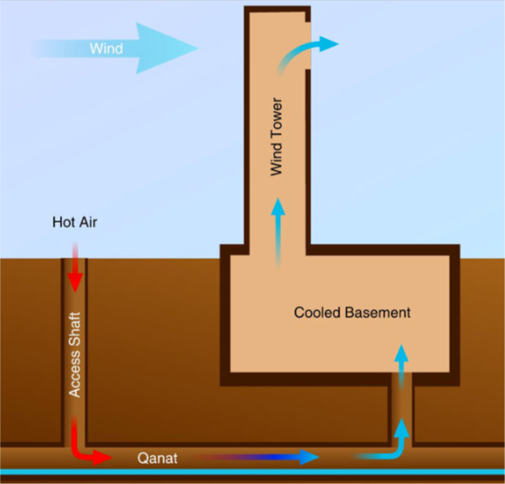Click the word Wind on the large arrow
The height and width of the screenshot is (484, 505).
click(x=106, y=48)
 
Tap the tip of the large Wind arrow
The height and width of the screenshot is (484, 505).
click(x=197, y=48)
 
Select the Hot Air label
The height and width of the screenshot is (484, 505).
click(x=75, y=222)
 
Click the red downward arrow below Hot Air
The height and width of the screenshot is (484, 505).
click(x=75, y=268)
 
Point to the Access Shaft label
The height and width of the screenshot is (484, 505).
click(x=75, y=355)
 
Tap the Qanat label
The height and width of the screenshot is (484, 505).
click(x=157, y=458)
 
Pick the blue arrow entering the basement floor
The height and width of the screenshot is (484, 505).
click(x=401, y=366)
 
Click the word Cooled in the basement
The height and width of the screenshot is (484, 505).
click(x=317, y=313)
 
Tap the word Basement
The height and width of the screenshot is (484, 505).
click(x=378, y=313)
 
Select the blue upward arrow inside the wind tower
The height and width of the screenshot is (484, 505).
click(x=278, y=232)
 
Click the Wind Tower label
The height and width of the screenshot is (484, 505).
click(x=277, y=136)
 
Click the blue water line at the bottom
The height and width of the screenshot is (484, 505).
click(x=253, y=472)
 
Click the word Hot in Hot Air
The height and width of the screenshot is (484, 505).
click(x=63, y=222)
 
